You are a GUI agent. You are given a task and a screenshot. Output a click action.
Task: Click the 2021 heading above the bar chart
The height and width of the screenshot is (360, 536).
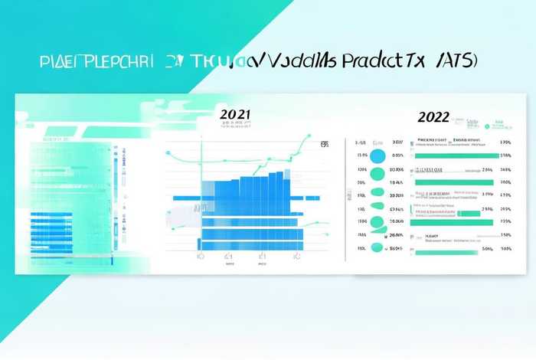[235, 114]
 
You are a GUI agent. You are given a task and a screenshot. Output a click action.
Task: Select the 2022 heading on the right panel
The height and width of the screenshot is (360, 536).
[433, 117]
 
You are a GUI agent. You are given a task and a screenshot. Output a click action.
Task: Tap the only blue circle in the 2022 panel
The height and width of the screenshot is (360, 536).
[377, 155]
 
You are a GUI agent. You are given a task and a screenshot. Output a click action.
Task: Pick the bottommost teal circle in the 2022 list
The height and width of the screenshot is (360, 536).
[377, 248]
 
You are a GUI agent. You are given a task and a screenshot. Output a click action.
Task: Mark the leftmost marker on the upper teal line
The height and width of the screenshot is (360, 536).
[167, 152]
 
